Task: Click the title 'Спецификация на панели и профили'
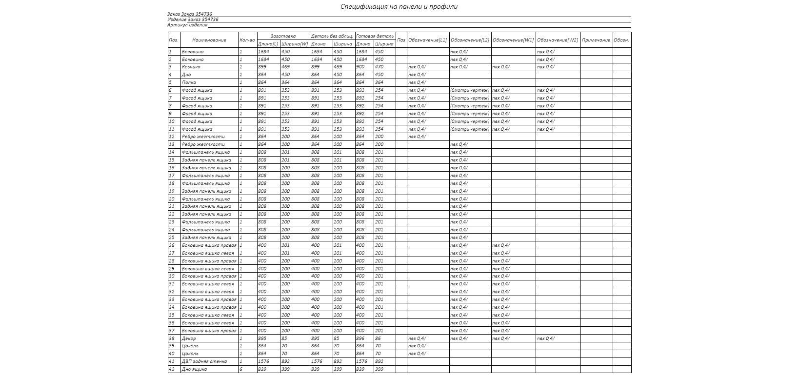[x=399, y=7]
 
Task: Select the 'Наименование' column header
[x=209, y=40]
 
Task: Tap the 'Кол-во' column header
[x=247, y=40]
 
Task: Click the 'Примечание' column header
[x=596, y=40]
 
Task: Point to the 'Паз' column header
[x=401, y=40]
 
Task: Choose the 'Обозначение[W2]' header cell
[x=558, y=40]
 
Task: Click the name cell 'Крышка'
[x=191, y=67]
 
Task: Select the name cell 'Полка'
[x=189, y=82]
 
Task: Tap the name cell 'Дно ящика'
[x=194, y=369]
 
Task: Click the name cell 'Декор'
[x=189, y=338]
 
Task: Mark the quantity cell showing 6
[x=241, y=369]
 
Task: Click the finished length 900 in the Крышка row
[x=360, y=67]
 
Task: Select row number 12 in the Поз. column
[x=172, y=137]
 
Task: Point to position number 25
[x=172, y=238]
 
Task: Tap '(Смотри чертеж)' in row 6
[x=469, y=90]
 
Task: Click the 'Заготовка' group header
[x=283, y=36]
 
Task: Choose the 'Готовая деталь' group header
[x=375, y=36]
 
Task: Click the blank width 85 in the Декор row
[x=284, y=338]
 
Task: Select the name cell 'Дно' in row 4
[x=186, y=75]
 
